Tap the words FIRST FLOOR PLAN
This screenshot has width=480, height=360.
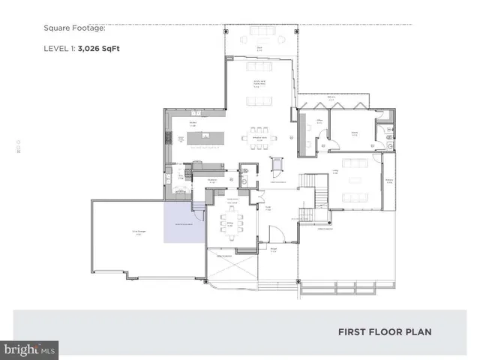pos(384,331)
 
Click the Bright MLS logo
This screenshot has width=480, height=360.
pos(29,349)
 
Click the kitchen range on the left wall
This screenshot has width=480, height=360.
pos(168,138)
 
